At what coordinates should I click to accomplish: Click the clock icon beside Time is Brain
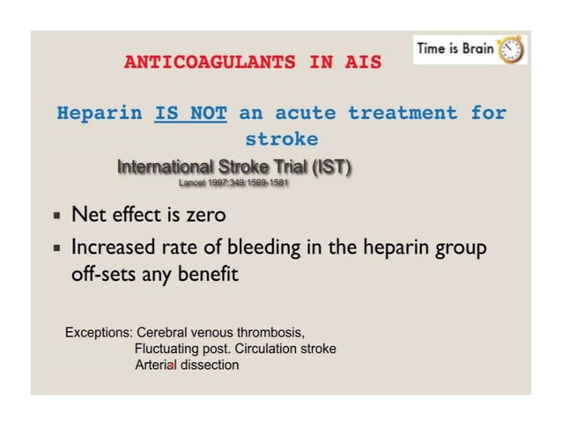click(x=510, y=49)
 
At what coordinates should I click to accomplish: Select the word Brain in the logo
click(x=475, y=49)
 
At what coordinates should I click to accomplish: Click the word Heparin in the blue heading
click(x=98, y=114)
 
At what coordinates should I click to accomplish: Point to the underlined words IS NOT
click(x=191, y=114)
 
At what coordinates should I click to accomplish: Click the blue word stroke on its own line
click(x=281, y=140)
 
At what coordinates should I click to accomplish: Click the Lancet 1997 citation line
click(x=233, y=183)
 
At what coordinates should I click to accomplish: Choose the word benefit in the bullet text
click(x=209, y=274)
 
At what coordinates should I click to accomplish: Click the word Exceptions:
click(x=99, y=333)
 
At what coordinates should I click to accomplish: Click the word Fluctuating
click(x=172, y=349)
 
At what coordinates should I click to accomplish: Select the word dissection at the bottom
click(x=208, y=365)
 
